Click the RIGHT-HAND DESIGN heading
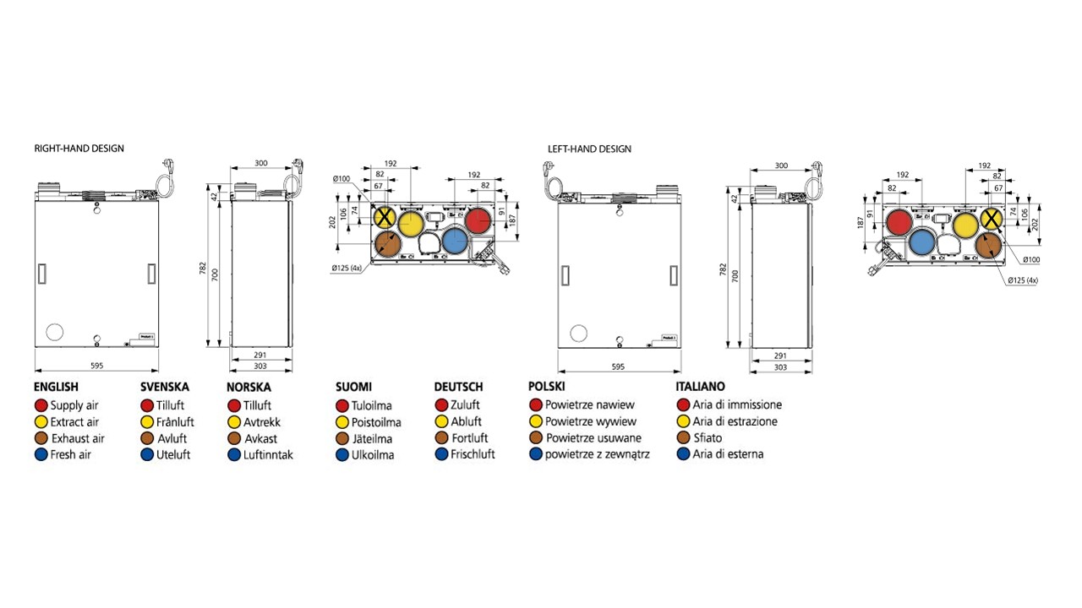tap(79, 149)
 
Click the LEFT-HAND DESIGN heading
tap(589, 149)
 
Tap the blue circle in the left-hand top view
tap(922, 245)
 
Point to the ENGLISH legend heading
tap(56, 387)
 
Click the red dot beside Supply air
tap(41, 406)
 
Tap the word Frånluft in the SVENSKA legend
tap(175, 421)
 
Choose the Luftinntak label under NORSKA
tap(268, 455)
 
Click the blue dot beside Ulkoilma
tap(342, 455)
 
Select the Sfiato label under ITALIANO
tap(708, 437)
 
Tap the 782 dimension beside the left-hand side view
tap(723, 269)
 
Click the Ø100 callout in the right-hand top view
tap(342, 178)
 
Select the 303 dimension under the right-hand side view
tap(260, 366)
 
